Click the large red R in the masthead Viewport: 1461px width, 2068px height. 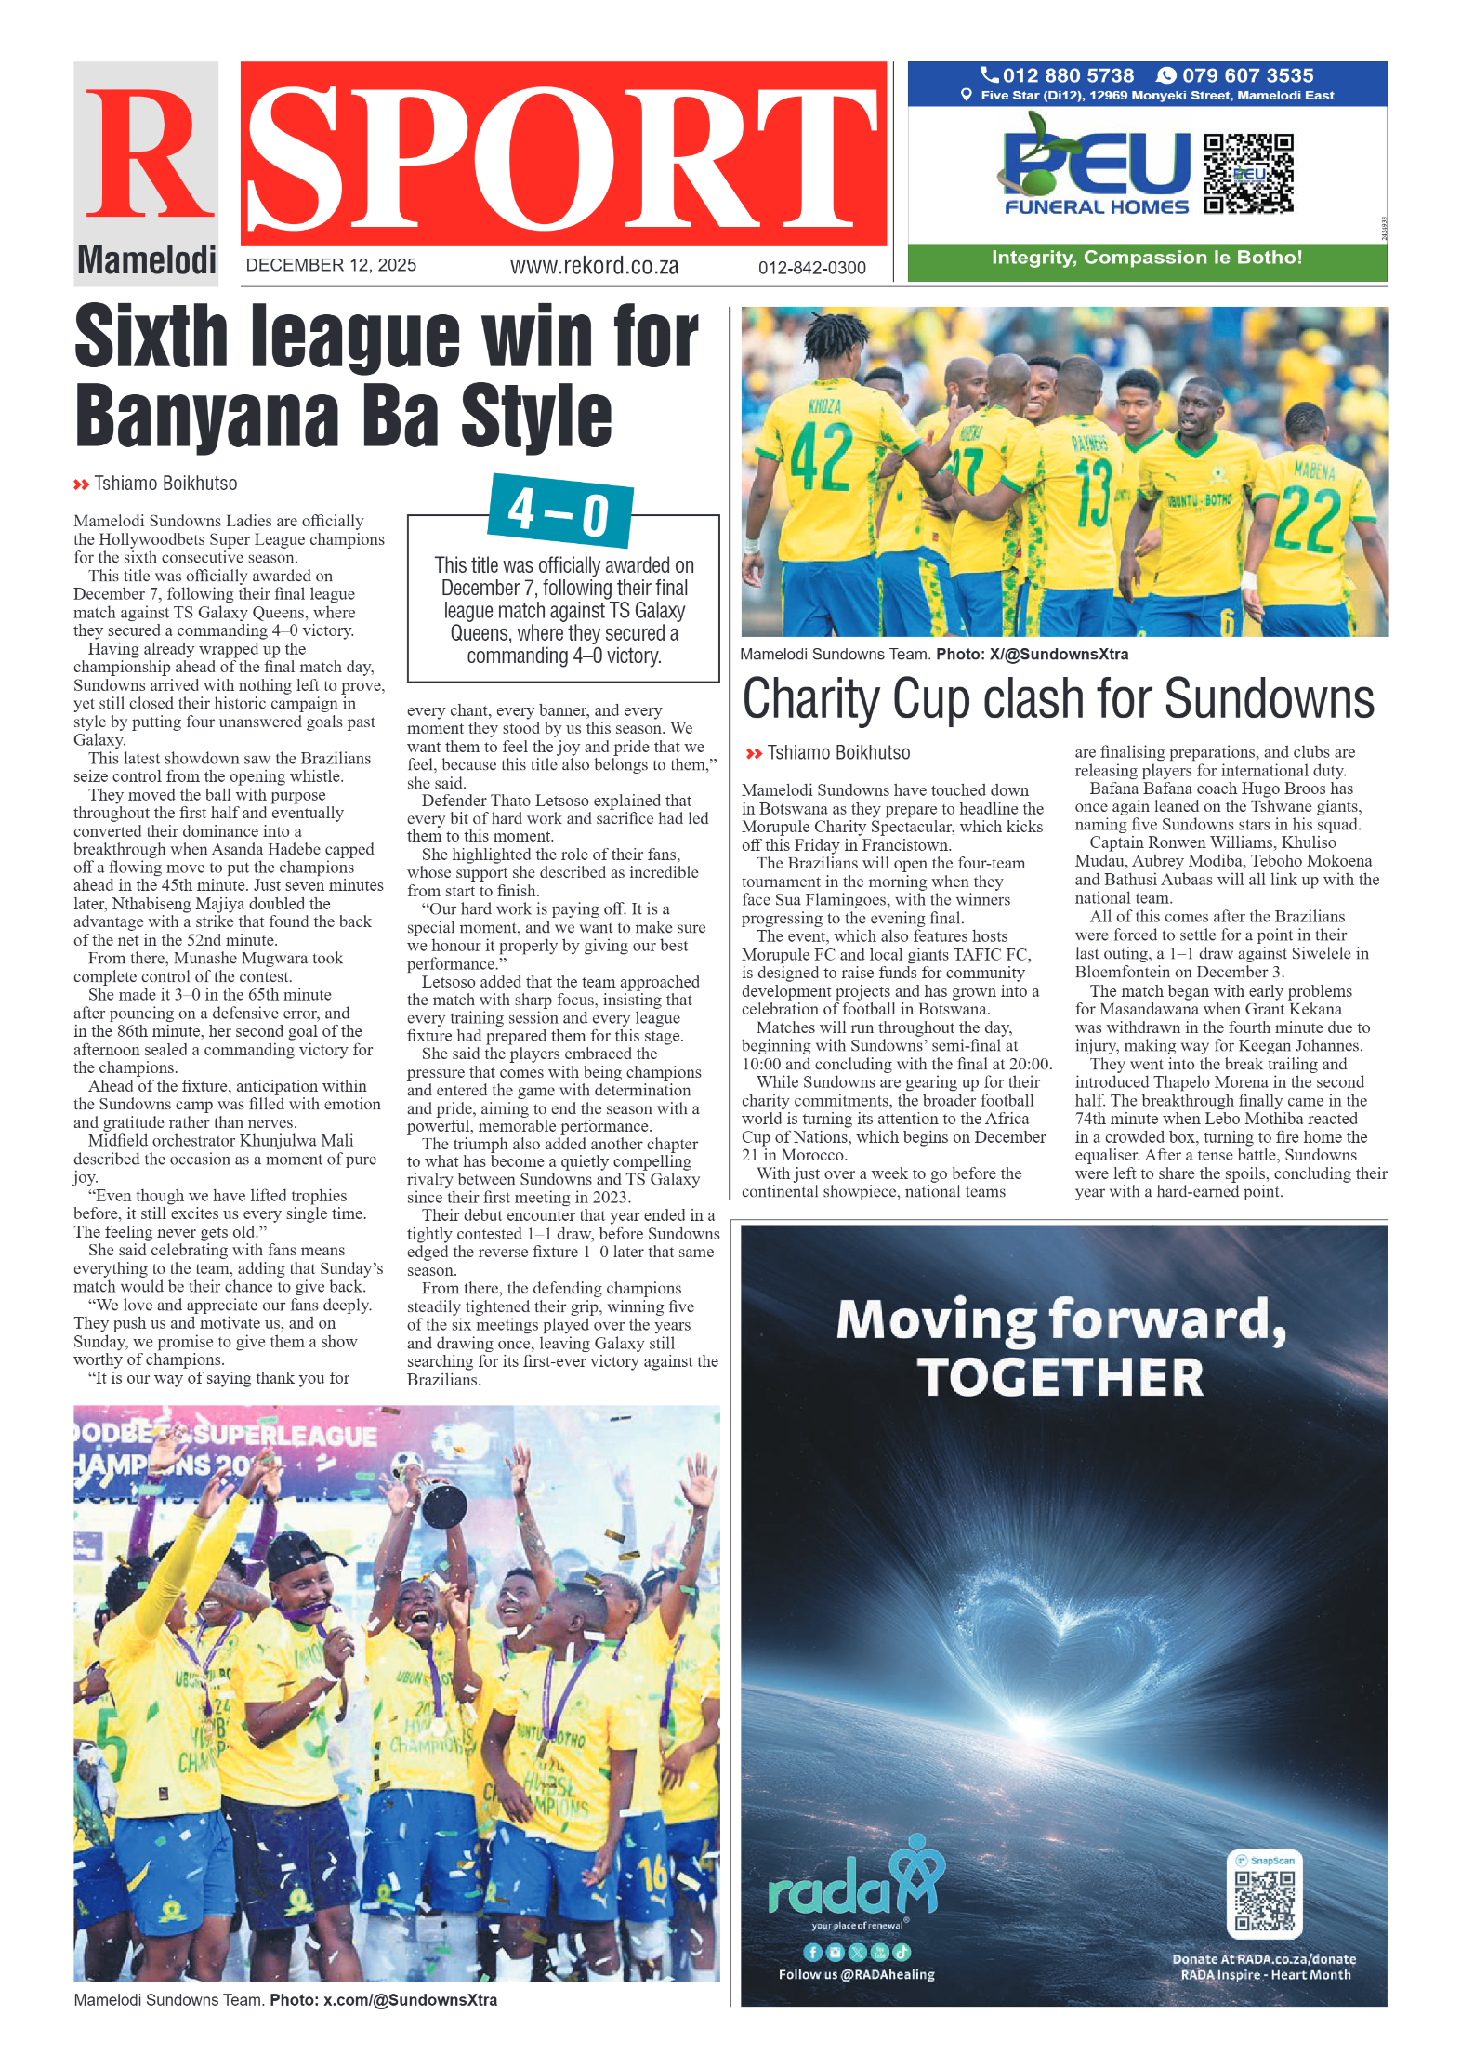pyautogui.click(x=149, y=153)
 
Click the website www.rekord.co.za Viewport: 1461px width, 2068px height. pyautogui.click(x=594, y=266)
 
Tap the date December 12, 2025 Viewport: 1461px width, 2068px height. pyautogui.click(x=331, y=265)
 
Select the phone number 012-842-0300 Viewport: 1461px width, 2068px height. pyautogui.click(x=811, y=268)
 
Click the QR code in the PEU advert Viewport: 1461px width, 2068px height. pyautogui.click(x=1247, y=174)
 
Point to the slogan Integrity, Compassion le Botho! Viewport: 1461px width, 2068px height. pyautogui.click(x=1146, y=258)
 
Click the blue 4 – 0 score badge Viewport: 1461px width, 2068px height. pyautogui.click(x=559, y=510)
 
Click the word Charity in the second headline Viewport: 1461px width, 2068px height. pyautogui.click(x=810, y=699)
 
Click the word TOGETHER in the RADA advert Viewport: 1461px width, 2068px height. pyautogui.click(x=1060, y=1377)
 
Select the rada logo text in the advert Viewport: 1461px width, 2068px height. pyautogui.click(x=830, y=1890)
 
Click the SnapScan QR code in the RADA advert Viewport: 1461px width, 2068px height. pyautogui.click(x=1264, y=1901)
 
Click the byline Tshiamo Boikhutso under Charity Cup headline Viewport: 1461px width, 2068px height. pyautogui.click(x=837, y=753)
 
